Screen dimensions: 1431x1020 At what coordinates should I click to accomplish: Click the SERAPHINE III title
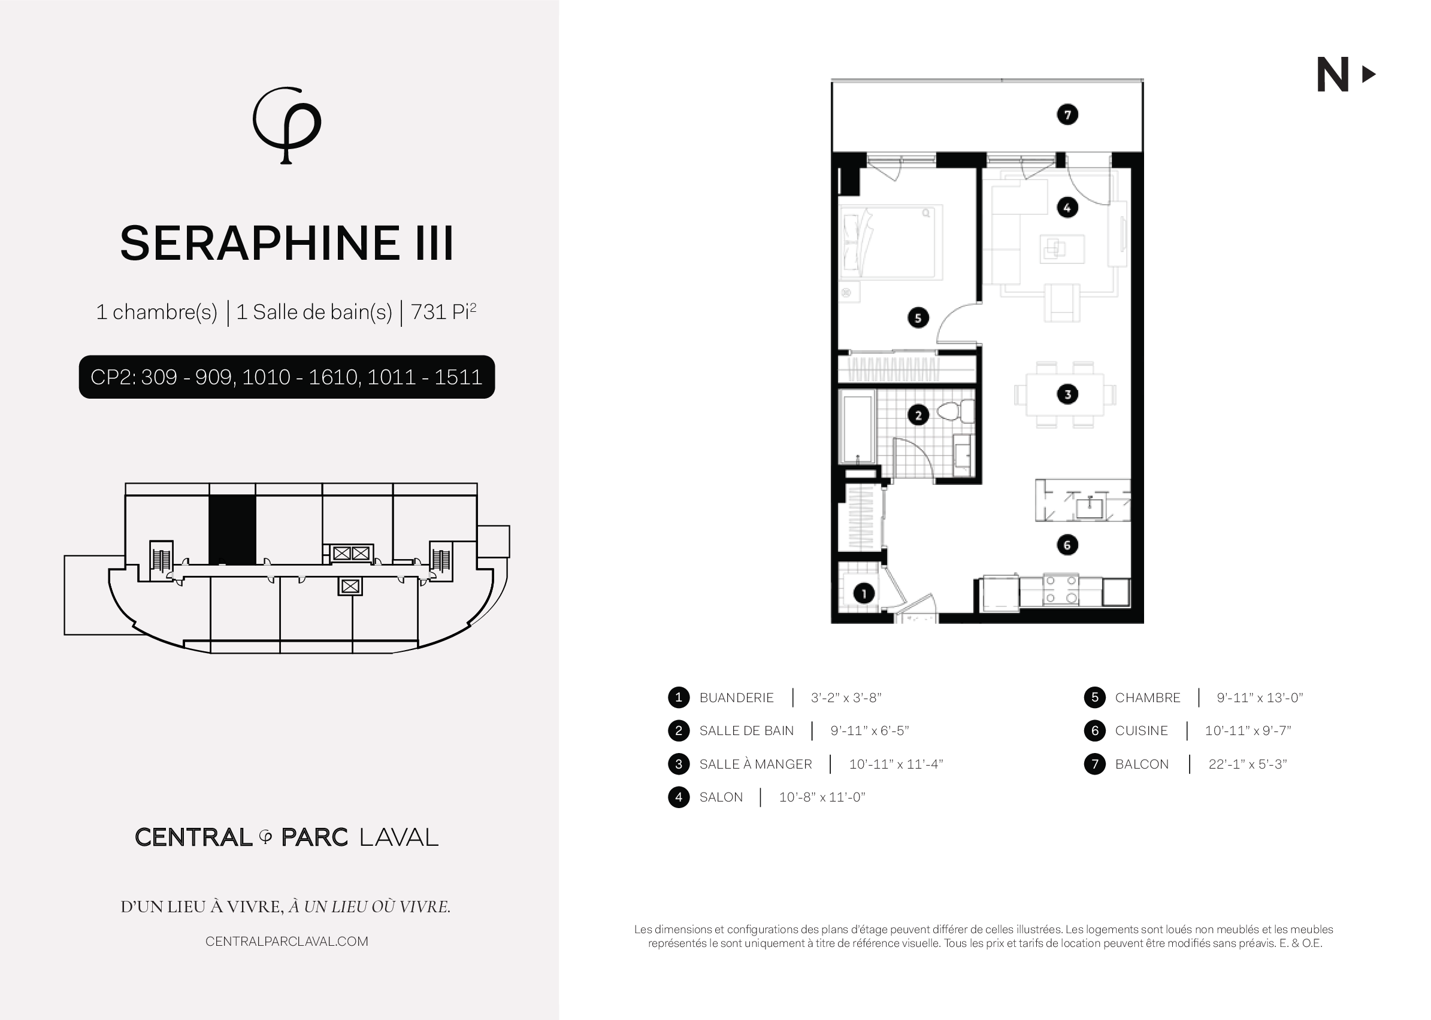pos(286,244)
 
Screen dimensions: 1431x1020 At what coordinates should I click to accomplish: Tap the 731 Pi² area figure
pos(444,311)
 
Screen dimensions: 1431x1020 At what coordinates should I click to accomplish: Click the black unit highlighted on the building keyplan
pos(232,530)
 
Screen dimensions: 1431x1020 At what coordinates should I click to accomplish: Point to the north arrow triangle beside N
pos(1369,75)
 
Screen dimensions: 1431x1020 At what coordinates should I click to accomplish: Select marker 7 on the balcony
pos(1067,115)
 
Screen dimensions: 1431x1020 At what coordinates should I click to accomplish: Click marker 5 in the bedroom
pos(918,318)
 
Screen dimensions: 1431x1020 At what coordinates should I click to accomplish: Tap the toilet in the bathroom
pos(956,412)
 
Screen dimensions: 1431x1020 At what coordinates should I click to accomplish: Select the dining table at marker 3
pos(1065,394)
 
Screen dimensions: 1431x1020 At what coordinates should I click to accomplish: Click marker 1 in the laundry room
pos(864,594)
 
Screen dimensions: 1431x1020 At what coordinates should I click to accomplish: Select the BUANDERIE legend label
pos(736,698)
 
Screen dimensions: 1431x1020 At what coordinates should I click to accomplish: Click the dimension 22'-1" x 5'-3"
pos(1248,764)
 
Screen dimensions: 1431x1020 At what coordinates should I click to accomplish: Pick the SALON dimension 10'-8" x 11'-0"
pos(822,797)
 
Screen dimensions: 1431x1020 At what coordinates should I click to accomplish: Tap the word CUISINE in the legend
pos(1141,731)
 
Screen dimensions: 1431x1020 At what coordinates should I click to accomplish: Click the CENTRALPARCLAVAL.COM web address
pos(286,942)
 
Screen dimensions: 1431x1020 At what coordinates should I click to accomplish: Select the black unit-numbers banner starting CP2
pos(286,377)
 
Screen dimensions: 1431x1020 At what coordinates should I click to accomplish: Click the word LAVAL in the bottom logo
pos(398,837)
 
